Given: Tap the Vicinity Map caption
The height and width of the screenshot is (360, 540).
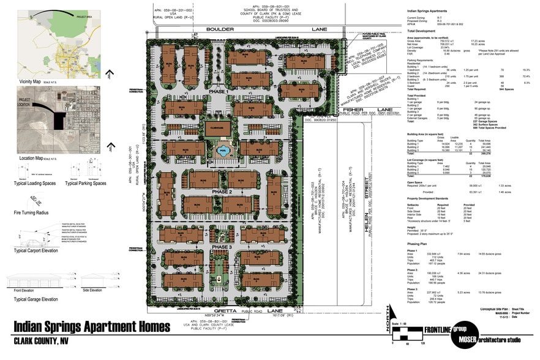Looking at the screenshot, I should [29, 81].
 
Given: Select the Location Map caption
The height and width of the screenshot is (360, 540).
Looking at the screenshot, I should [30, 158].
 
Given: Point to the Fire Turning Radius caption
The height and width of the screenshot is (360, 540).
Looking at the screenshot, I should [30, 212].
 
